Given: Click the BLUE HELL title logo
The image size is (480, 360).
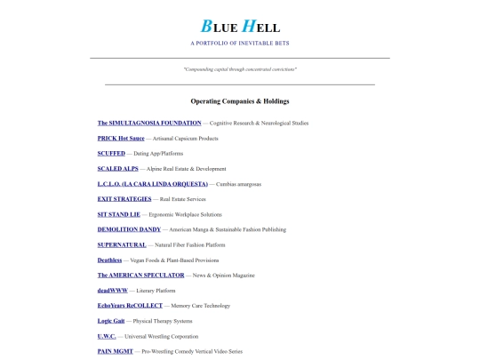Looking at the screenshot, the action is click(239, 27).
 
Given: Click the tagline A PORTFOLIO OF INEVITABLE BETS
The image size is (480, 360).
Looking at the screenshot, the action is click(239, 43).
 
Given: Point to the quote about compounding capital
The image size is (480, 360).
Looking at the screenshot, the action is click(240, 68).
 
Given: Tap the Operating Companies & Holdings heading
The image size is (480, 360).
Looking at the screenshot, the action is click(240, 101).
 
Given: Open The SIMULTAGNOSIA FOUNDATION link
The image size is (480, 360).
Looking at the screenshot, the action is click(149, 123).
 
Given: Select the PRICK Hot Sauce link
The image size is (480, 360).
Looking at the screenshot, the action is click(120, 139).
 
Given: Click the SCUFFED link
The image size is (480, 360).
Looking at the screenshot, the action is click(111, 154).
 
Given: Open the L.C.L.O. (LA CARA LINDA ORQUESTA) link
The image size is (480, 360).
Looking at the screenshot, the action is click(152, 184).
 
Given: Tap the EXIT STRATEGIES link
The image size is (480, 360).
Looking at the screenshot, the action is click(124, 199).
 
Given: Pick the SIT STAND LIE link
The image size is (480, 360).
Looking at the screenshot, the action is click(119, 214).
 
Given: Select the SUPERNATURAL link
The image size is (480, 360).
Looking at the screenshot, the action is click(121, 244).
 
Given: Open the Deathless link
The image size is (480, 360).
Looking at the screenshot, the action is click(109, 260).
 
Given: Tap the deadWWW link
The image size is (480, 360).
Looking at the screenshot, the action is click(111, 291).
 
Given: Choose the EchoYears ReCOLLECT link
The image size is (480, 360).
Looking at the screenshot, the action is click(130, 306).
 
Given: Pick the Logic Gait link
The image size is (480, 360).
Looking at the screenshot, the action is click(111, 321).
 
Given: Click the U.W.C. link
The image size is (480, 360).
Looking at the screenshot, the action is click(108, 336).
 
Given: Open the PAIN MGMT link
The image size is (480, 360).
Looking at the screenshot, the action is click(116, 351).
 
